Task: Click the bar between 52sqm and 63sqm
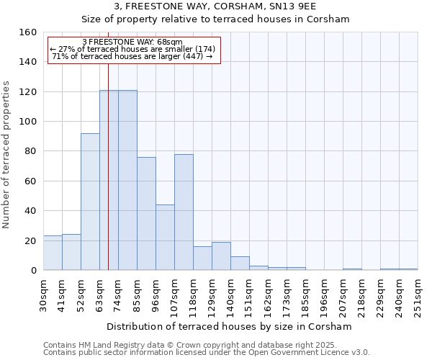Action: point(90,202)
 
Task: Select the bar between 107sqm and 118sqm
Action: point(184,212)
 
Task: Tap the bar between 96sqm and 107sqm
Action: point(165,238)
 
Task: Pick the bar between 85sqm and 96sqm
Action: point(146,214)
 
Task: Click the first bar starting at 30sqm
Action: point(53,253)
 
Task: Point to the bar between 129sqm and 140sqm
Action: point(221,256)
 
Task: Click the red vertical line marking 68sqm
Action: point(108,180)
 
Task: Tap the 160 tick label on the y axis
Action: point(27,32)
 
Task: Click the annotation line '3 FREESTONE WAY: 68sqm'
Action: point(133,42)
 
